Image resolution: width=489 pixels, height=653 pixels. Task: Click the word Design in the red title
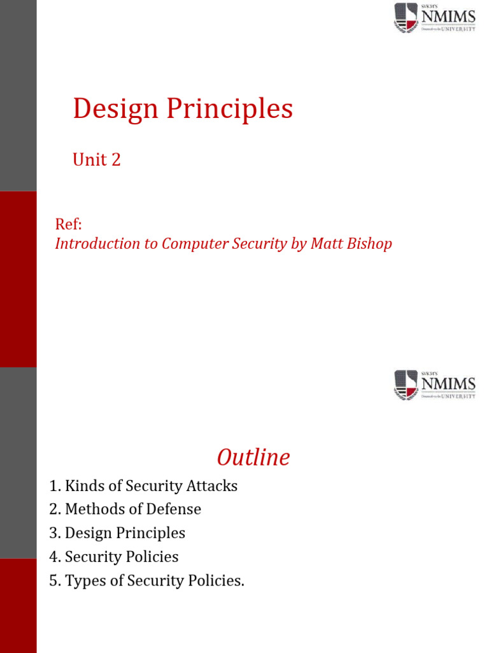pyautogui.click(x=115, y=110)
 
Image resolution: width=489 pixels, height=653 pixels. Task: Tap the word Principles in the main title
pyautogui.click(x=230, y=110)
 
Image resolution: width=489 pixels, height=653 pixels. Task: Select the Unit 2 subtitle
pyautogui.click(x=97, y=159)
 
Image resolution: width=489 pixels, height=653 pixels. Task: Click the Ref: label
pyautogui.click(x=69, y=224)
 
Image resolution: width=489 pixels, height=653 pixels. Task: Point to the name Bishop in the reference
pyautogui.click(x=369, y=244)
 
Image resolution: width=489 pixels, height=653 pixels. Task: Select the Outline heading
pyautogui.click(x=253, y=457)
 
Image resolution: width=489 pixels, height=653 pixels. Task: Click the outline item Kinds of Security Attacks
pyautogui.click(x=143, y=486)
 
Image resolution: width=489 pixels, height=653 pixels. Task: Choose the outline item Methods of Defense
pyautogui.click(x=125, y=510)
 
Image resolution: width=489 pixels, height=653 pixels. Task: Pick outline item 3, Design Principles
pyautogui.click(x=118, y=533)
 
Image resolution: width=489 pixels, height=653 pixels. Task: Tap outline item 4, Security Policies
pyautogui.click(x=114, y=557)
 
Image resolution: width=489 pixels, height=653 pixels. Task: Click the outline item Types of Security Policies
pyautogui.click(x=147, y=581)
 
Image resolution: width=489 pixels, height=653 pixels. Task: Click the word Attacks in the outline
pyautogui.click(x=211, y=486)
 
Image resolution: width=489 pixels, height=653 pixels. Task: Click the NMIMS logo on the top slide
pyautogui.click(x=434, y=18)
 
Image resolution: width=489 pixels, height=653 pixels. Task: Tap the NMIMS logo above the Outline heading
pyautogui.click(x=434, y=385)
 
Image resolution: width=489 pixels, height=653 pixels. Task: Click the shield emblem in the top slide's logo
pyautogui.click(x=406, y=18)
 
